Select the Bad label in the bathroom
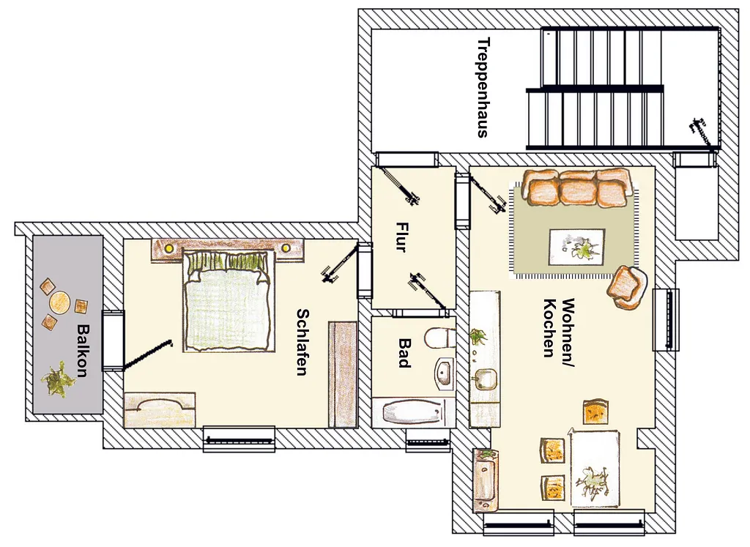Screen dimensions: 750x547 tap(404, 354)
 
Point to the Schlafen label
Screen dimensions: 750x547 tap(302, 343)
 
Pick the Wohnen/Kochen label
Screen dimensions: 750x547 tap(559, 328)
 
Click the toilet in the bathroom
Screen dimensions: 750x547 tap(439, 338)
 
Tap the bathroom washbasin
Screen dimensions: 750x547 tap(444, 373)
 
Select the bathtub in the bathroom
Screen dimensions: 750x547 tap(413, 412)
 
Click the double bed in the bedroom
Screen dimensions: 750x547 tap(228, 300)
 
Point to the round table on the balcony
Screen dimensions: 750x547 tap(60, 302)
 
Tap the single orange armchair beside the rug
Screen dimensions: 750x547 tap(627, 288)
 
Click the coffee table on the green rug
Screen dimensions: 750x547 tap(576, 247)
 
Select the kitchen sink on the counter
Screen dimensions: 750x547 tap(484, 379)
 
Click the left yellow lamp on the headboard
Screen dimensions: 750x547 tap(168, 248)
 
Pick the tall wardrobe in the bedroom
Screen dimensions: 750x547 tap(343, 374)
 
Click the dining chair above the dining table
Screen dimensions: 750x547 tap(596, 412)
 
